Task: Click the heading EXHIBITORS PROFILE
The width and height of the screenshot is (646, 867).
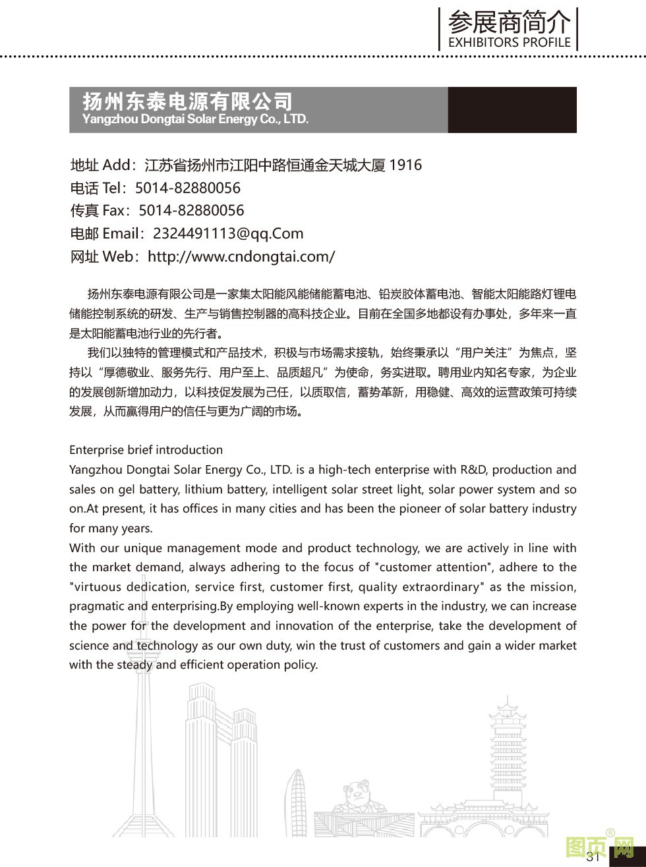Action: pos(509,42)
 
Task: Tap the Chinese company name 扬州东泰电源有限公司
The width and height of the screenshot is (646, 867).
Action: pos(187,101)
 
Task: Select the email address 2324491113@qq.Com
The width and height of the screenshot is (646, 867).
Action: pos(228,233)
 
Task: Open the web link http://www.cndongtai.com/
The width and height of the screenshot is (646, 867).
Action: pos(241,256)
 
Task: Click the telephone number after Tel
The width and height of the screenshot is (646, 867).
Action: pos(188,188)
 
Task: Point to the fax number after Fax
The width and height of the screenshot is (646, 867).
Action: pos(191,210)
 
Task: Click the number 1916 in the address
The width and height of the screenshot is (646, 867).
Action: pos(405,165)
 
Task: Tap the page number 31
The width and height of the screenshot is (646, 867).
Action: pos(592,856)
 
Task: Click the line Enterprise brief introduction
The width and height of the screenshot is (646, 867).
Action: pos(146,450)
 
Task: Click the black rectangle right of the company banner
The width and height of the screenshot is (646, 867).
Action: pos(512,110)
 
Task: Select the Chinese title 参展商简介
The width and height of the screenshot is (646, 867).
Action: pos(509,24)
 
